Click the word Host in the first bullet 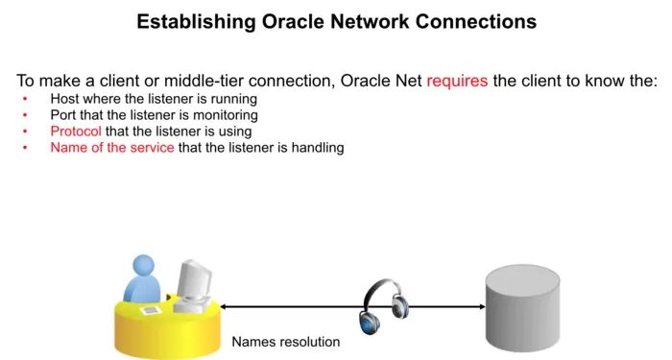pos(65,99)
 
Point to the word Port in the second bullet pos(64,115)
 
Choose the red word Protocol pos(76,132)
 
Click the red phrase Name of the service pos(112,148)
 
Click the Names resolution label pos(286,342)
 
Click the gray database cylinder pos(522,306)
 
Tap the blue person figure pos(144,278)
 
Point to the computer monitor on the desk pos(196,280)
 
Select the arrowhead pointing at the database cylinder pos(480,307)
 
